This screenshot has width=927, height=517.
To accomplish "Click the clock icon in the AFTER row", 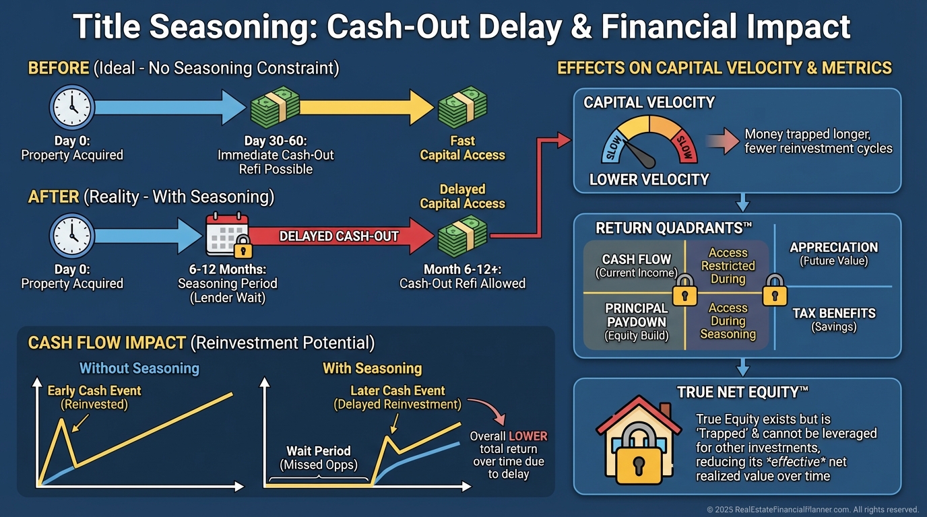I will [x=72, y=236].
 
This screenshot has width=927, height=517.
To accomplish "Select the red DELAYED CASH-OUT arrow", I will [x=340, y=236].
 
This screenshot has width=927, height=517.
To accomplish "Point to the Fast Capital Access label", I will [x=462, y=148].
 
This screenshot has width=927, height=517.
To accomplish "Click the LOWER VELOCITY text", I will [x=649, y=180].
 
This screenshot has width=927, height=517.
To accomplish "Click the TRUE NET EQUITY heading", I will [x=742, y=392].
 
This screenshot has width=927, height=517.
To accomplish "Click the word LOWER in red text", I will [x=528, y=436].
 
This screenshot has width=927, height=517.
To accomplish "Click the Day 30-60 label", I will [x=276, y=141].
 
